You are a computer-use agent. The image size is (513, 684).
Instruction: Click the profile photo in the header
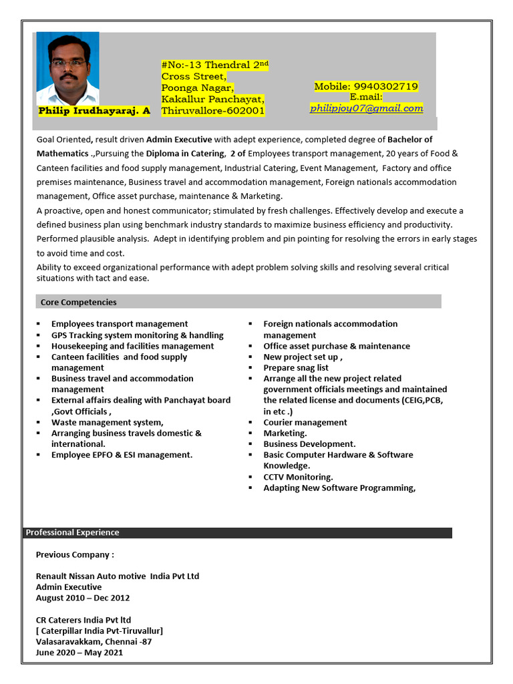pyautogui.click(x=68, y=69)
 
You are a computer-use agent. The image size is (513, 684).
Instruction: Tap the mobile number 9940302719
pyautogui.click(x=366, y=86)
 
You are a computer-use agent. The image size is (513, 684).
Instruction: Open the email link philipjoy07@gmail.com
pyautogui.click(x=366, y=108)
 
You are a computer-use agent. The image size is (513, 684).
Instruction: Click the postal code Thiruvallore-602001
pyautogui.click(x=213, y=111)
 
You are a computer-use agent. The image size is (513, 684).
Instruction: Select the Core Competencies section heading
pyautogui.click(x=79, y=302)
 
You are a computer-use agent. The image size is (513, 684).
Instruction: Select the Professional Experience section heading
pyautogui.click(x=72, y=532)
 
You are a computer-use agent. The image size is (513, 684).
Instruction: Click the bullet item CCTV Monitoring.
pyautogui.click(x=298, y=477)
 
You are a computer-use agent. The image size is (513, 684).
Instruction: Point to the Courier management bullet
pyautogui.click(x=305, y=422)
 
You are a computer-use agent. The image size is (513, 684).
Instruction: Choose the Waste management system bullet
pyautogui.click(x=107, y=422)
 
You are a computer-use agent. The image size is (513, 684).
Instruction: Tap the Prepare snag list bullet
pyautogui.click(x=296, y=367)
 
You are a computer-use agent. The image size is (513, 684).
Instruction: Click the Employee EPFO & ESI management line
pyautogui.click(x=122, y=455)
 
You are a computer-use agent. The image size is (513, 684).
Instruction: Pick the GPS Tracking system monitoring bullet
pyautogui.click(x=137, y=335)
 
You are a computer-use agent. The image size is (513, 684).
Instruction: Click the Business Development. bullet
pyautogui.click(x=309, y=444)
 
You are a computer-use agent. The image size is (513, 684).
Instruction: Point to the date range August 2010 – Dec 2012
pyautogui.click(x=83, y=598)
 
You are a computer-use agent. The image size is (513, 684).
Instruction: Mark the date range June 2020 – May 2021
pyautogui.click(x=79, y=653)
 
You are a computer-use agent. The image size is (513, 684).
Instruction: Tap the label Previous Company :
pyautogui.click(x=75, y=554)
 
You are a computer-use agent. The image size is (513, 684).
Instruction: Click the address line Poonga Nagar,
pyautogui.click(x=198, y=88)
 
